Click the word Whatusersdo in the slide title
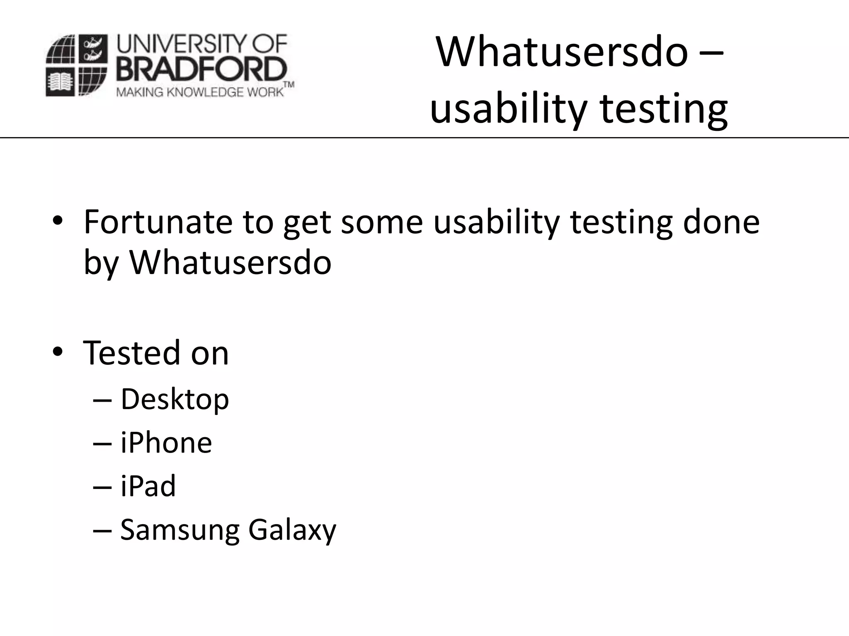point(562,53)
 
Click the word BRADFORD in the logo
point(201,70)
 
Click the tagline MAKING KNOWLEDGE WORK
point(200,92)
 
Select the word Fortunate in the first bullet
point(158,222)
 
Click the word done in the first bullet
point(721,222)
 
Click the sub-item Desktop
point(175,400)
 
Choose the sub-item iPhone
point(166,443)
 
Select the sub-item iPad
point(148,486)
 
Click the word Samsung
point(180,530)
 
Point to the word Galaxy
point(292,530)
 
